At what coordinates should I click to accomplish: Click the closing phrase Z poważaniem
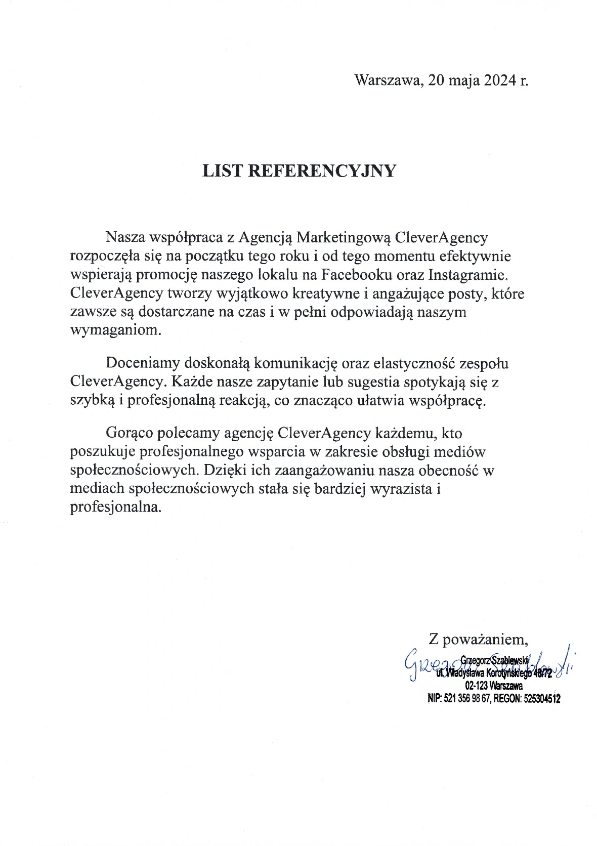(478, 639)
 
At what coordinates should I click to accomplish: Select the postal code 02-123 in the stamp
(476, 686)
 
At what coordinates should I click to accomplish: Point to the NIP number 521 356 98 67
(466, 699)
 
